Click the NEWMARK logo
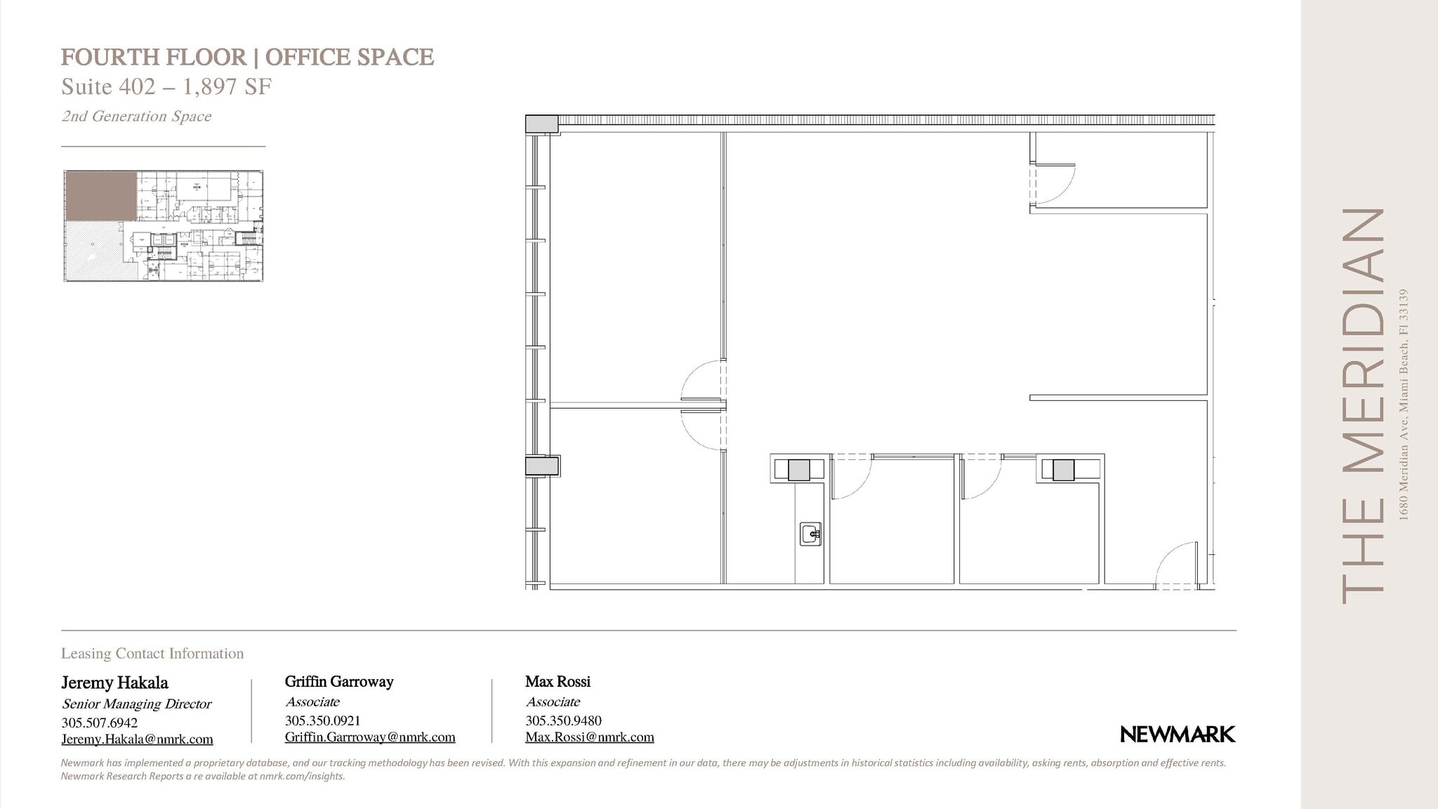1178,735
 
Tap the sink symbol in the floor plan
811,534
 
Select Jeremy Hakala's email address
137,739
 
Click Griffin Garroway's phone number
322,721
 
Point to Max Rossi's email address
589,737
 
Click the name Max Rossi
558,681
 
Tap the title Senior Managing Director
136,704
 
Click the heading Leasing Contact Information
152,653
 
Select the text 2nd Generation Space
136,117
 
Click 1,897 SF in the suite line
227,86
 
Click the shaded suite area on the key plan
100,196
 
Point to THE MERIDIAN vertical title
1362,405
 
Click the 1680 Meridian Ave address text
1404,404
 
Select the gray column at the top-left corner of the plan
541,124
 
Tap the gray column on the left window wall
541,466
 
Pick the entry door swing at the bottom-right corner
1177,565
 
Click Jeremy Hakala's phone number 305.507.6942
99,723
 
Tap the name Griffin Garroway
339,681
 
